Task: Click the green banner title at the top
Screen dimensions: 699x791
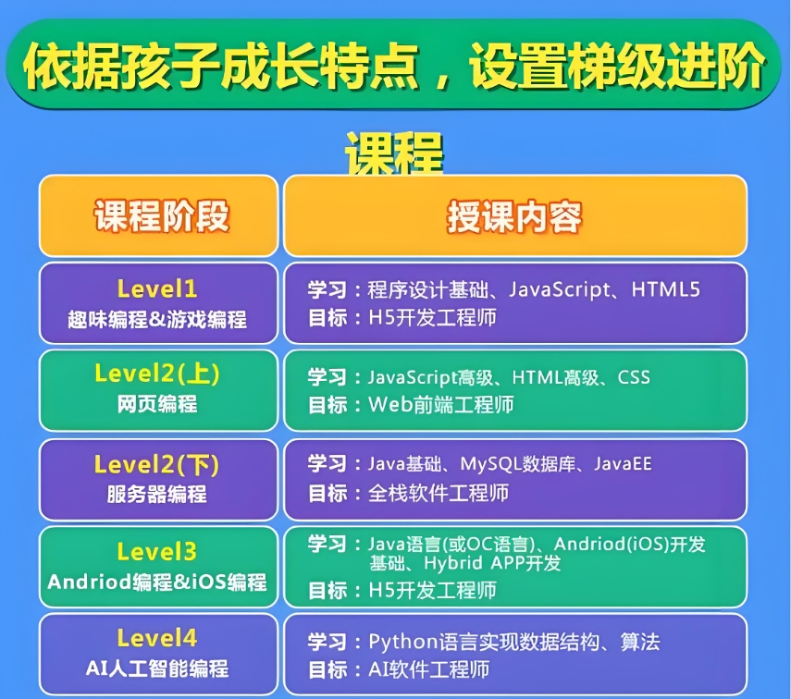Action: click(394, 66)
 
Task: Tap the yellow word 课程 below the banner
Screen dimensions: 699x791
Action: click(394, 152)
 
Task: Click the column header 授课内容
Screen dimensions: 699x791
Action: click(514, 216)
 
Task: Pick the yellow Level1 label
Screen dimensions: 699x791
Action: click(157, 288)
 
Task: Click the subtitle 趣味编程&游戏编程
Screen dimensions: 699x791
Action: click(157, 320)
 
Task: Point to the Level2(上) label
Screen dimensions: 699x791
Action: click(157, 374)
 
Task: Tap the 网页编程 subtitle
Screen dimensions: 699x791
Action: click(157, 404)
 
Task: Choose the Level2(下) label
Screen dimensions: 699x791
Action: click(157, 462)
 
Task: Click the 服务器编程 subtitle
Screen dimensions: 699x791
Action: click(157, 494)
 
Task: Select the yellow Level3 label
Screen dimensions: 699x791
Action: click(157, 552)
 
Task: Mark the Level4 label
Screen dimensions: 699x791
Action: click(157, 638)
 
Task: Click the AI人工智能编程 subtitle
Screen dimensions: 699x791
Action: click(157, 668)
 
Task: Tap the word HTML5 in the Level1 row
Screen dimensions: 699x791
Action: click(665, 290)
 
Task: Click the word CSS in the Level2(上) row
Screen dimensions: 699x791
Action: click(634, 377)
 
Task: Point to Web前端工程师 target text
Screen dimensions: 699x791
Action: click(440, 404)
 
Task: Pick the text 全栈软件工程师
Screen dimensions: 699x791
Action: click(439, 493)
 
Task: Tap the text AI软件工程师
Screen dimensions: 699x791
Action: click(428, 668)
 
